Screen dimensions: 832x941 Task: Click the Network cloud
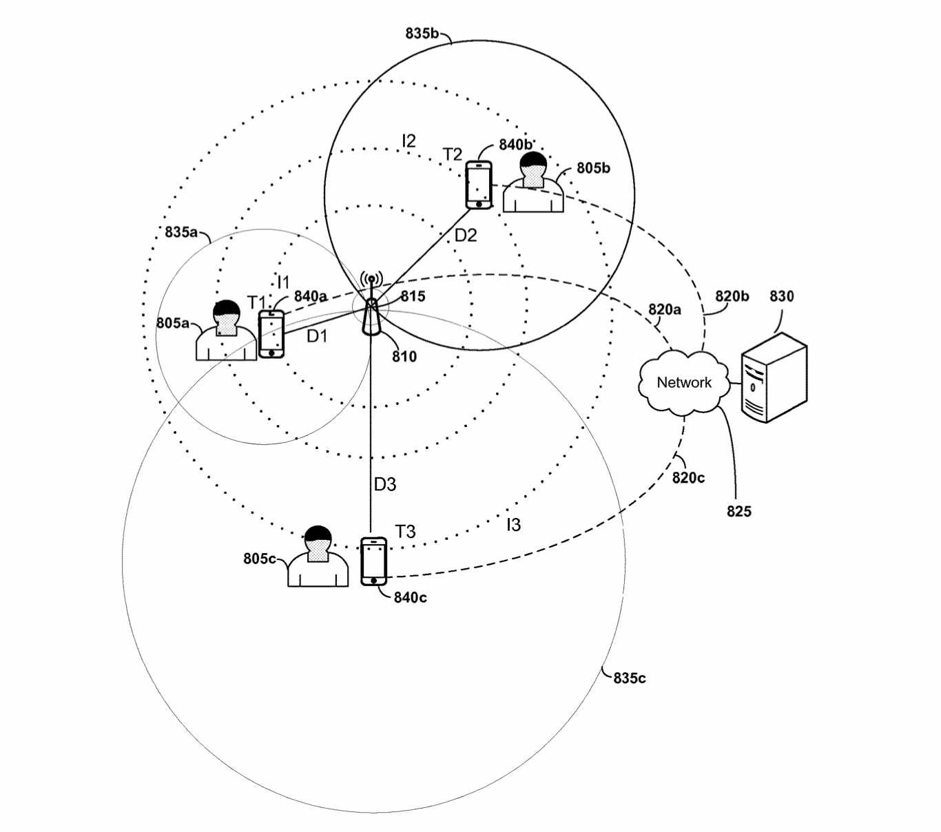tap(683, 382)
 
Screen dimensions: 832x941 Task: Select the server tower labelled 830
tap(773, 377)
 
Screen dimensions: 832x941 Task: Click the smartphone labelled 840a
tap(271, 333)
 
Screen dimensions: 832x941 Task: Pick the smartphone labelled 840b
tap(479, 185)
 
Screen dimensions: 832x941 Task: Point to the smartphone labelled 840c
tap(374, 561)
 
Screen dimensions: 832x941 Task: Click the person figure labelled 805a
tap(226, 332)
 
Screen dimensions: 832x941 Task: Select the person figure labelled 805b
tap(533, 183)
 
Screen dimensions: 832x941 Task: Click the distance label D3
tap(385, 485)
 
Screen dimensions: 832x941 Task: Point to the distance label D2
tap(466, 236)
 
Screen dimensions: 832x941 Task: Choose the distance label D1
tap(318, 337)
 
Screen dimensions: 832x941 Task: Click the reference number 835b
tap(422, 32)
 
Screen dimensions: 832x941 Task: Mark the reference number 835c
tap(630, 678)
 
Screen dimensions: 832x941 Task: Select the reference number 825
tap(739, 512)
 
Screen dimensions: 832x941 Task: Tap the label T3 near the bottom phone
tap(405, 532)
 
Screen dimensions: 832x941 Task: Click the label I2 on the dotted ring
tap(409, 141)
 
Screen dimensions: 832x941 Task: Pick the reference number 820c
tap(688, 477)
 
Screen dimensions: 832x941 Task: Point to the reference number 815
tap(413, 297)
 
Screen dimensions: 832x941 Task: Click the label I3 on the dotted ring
tap(513, 526)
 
